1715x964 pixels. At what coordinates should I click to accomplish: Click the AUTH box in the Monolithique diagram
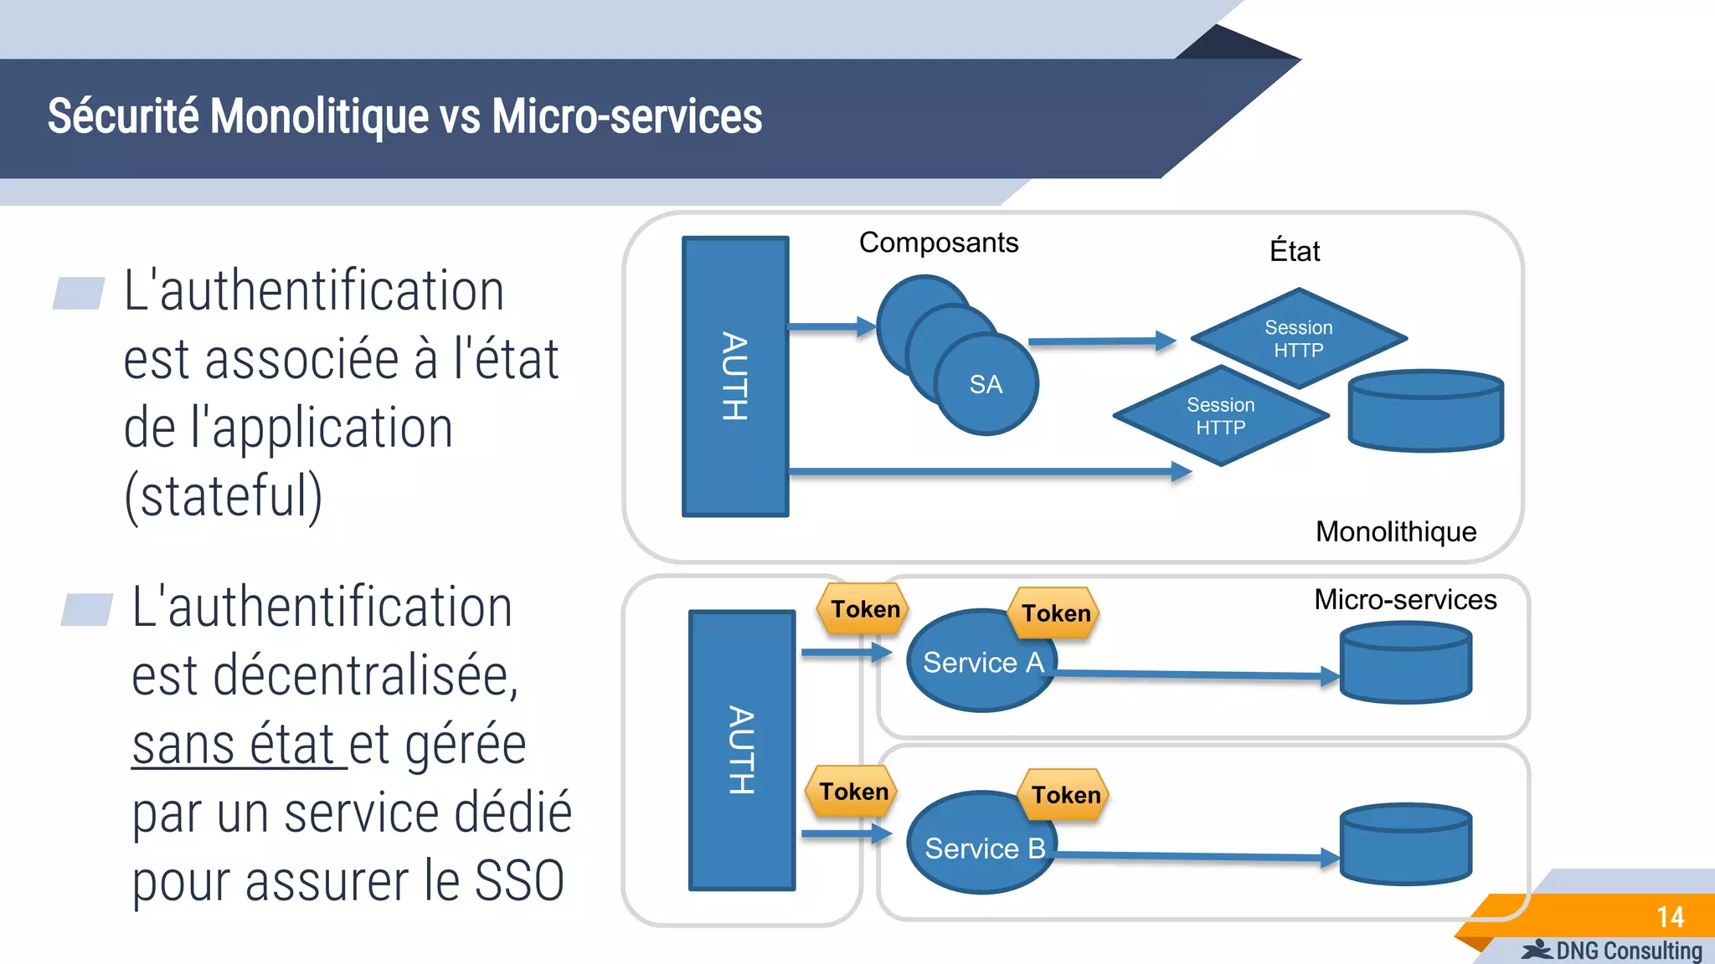point(735,377)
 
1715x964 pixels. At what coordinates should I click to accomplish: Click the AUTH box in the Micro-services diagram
point(741,750)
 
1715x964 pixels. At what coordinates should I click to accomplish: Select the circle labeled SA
point(986,385)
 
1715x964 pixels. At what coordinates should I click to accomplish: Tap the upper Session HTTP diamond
point(1299,338)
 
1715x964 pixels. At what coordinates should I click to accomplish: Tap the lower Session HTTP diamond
point(1220,416)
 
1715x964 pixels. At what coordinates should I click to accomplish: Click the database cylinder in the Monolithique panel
point(1425,412)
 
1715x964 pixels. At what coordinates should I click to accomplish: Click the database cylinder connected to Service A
point(1405,663)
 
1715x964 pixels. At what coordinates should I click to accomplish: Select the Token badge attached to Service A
point(1056,613)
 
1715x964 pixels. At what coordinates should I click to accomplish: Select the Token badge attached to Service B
point(1065,794)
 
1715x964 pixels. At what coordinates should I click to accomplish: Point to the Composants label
point(938,243)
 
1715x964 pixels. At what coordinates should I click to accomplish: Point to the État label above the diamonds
point(1294,251)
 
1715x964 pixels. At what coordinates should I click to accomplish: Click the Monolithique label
point(1395,532)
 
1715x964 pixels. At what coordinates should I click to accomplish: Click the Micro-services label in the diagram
point(1404,600)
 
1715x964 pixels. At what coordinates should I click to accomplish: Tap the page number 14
point(1670,917)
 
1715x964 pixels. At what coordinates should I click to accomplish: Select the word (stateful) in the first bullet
point(223,496)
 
